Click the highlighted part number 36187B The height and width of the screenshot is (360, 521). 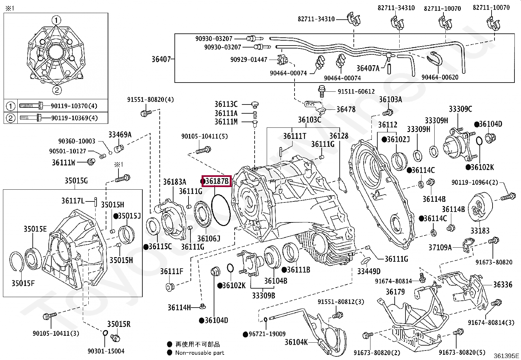point(217,181)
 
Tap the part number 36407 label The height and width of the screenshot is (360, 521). point(161,59)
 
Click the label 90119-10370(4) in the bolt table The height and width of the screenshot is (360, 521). point(74,106)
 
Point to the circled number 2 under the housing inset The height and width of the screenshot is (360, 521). point(57,90)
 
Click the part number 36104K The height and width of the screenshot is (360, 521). point(296,342)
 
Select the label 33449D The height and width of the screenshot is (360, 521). point(368,271)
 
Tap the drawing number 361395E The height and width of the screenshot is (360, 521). point(506,355)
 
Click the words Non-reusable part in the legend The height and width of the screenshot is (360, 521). point(200,353)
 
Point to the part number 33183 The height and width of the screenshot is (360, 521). point(480,231)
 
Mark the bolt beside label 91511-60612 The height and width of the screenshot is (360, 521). point(322,91)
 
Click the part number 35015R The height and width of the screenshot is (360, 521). point(118,324)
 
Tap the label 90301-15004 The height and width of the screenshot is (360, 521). point(106,351)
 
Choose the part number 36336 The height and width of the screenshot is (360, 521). point(503,285)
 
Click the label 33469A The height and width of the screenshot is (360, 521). point(120,134)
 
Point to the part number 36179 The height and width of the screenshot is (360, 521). point(395,292)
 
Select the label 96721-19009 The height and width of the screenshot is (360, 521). point(267,334)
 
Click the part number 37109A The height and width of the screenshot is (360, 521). point(440,247)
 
